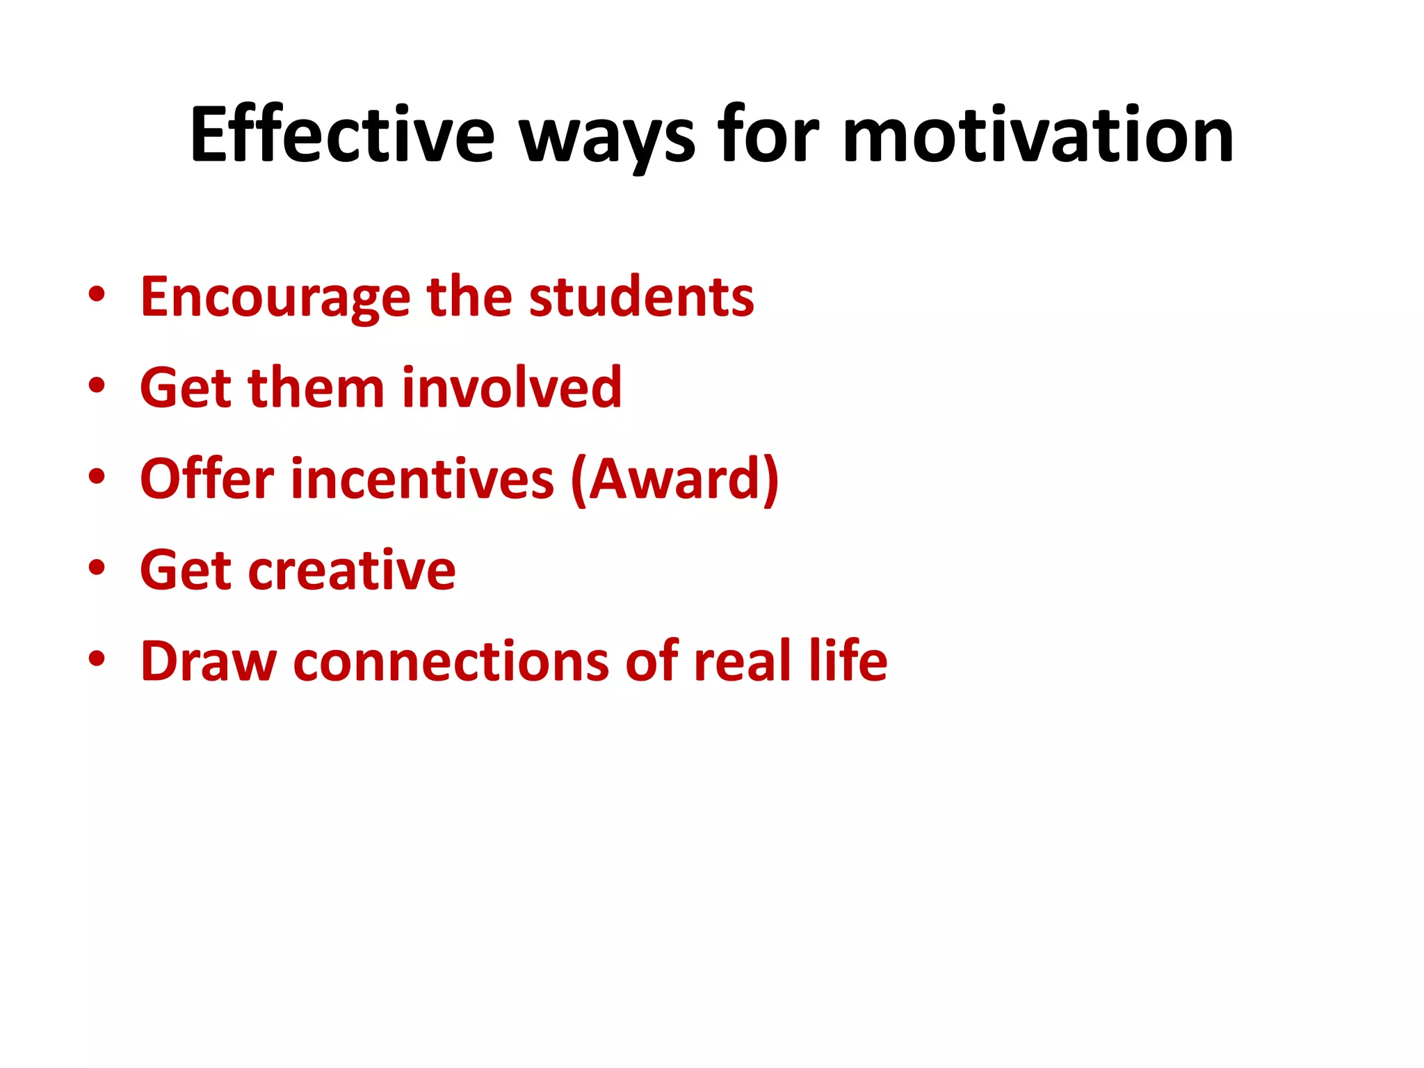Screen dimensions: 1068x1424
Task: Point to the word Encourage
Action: point(275,298)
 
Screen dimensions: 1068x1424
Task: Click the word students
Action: point(641,298)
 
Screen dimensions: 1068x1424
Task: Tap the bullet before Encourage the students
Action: point(97,295)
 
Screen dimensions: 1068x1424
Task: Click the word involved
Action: point(512,388)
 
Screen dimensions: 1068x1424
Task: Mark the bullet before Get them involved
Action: point(97,385)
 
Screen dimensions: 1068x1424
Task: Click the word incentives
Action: point(423,479)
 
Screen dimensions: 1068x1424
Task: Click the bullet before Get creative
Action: point(97,567)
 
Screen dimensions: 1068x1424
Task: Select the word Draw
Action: point(209,661)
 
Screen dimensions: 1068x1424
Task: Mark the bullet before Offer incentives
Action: point(97,476)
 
